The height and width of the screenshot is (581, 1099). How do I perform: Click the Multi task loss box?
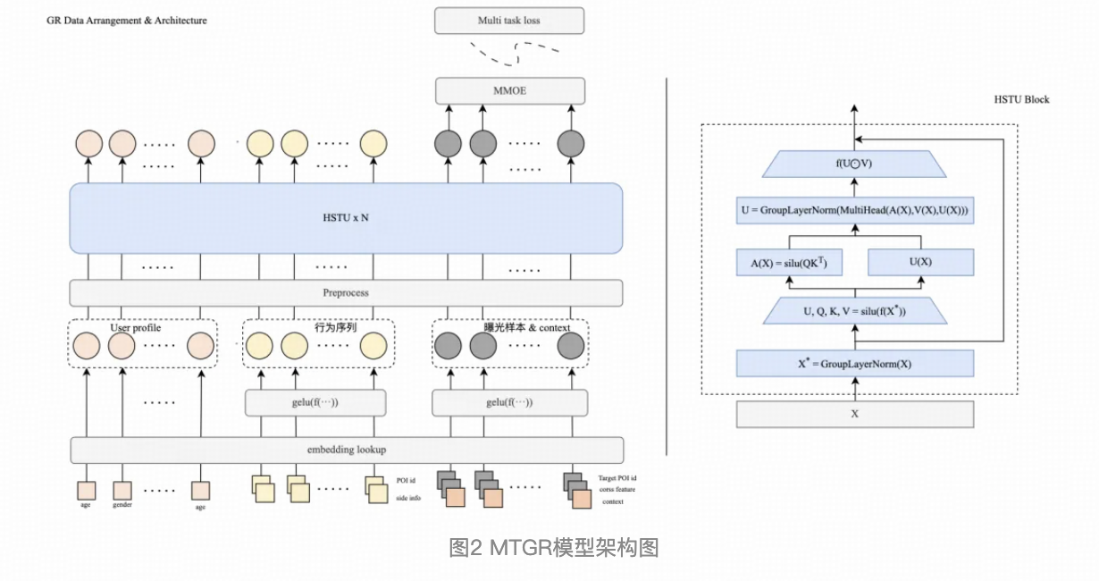pos(509,21)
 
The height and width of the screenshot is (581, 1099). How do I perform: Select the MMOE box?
pos(509,90)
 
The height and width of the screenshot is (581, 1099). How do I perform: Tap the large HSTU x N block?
pos(346,219)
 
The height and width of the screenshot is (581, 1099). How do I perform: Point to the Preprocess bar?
pos(346,292)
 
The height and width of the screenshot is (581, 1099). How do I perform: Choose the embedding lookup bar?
pos(347,450)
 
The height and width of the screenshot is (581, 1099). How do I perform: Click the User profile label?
pos(135,328)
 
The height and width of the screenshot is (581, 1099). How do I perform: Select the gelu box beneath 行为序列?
pos(315,402)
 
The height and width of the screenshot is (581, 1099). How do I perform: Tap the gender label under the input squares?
pos(122,506)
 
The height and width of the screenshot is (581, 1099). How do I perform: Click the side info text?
pos(407,497)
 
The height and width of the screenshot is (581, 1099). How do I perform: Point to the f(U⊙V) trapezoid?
pos(855,164)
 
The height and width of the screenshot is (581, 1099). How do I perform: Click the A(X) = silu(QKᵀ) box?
pos(789,262)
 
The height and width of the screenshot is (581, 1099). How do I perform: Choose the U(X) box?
pos(920,262)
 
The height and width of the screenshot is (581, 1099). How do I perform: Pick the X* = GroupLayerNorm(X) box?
pos(855,364)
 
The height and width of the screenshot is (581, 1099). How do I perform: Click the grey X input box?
pos(855,415)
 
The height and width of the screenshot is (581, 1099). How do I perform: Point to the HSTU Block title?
pos(1021,99)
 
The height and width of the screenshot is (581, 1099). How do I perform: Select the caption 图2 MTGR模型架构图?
pos(553,547)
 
